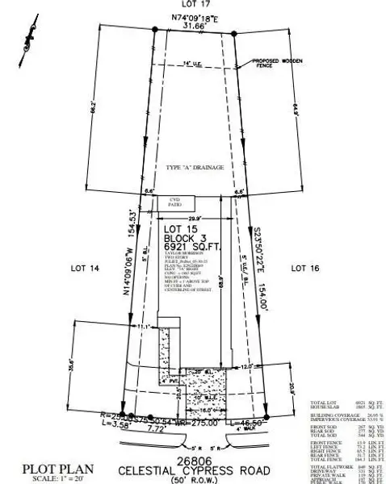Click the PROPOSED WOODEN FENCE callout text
(275, 65)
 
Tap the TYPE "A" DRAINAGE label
(193, 167)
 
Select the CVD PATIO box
(173, 204)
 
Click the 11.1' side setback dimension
(145, 326)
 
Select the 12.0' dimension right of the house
(246, 366)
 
